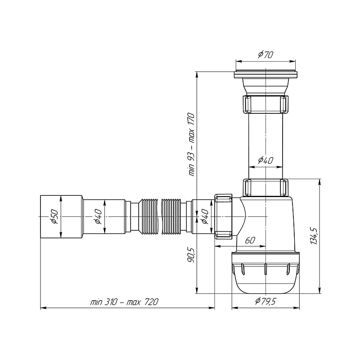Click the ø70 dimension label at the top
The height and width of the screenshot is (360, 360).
pos(265,55)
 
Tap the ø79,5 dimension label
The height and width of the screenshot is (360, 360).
pos(265,301)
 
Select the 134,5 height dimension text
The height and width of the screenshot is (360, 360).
pos(314,236)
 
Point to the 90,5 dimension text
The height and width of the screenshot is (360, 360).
pos(191,255)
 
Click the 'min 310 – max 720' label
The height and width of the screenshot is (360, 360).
pos(124,302)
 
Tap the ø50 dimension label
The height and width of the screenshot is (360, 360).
pos(54,217)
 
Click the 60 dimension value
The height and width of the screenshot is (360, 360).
pos(250,240)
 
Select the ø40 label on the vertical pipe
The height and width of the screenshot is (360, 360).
pos(265,160)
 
